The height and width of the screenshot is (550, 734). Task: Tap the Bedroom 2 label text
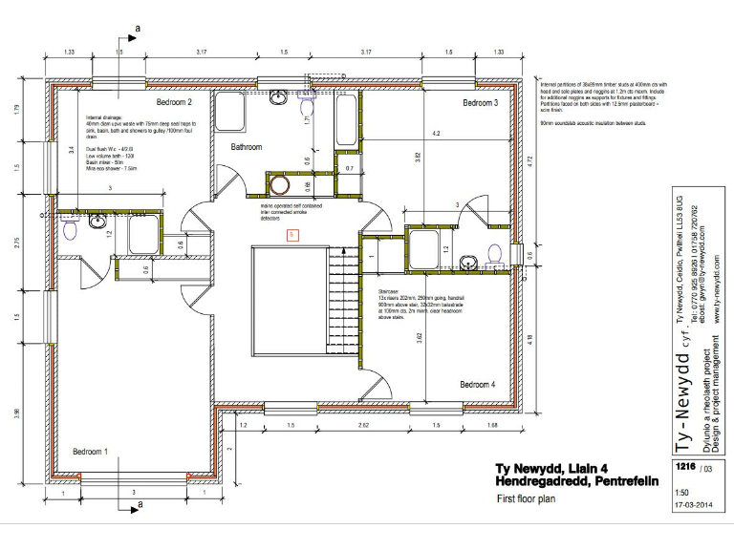(174, 102)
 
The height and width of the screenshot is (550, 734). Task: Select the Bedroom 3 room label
(481, 102)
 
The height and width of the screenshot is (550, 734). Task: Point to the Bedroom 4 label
(477, 384)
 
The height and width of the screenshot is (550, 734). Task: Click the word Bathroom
(246, 147)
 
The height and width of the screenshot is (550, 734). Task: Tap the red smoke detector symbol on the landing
(291, 234)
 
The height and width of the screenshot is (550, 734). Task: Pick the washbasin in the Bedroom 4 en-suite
(467, 260)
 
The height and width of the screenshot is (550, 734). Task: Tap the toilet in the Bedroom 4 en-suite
(494, 253)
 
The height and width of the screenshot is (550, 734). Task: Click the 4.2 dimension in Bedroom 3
(436, 133)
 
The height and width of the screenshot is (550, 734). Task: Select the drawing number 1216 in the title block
(683, 467)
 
